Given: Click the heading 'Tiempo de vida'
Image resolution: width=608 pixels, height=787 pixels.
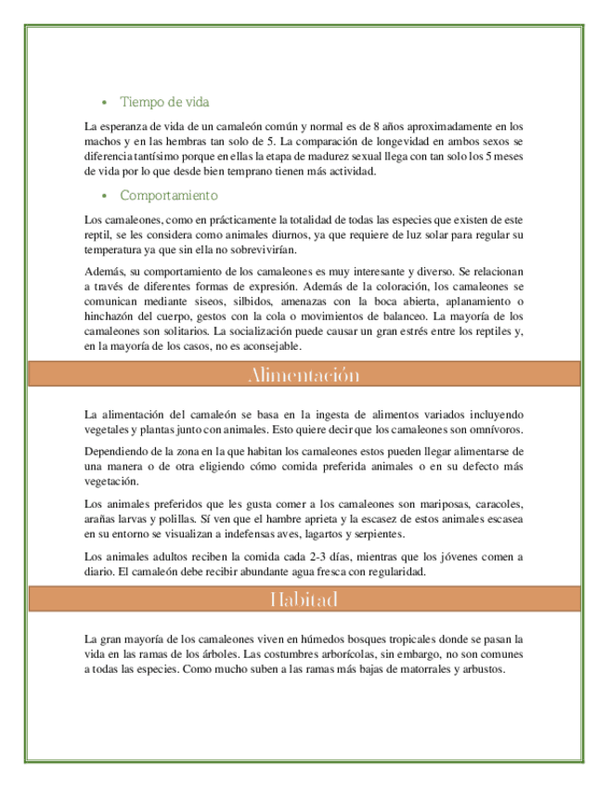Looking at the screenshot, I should pyautogui.click(x=170, y=101).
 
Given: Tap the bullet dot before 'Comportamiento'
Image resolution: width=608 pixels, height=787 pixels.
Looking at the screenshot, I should pyautogui.click(x=104, y=196).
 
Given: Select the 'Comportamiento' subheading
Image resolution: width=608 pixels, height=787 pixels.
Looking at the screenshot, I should pyautogui.click(x=169, y=196).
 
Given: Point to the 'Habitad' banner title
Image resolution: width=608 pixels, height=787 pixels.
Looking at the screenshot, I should pyautogui.click(x=304, y=599).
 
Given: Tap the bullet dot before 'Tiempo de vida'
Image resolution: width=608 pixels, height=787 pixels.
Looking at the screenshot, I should pyautogui.click(x=104, y=101).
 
